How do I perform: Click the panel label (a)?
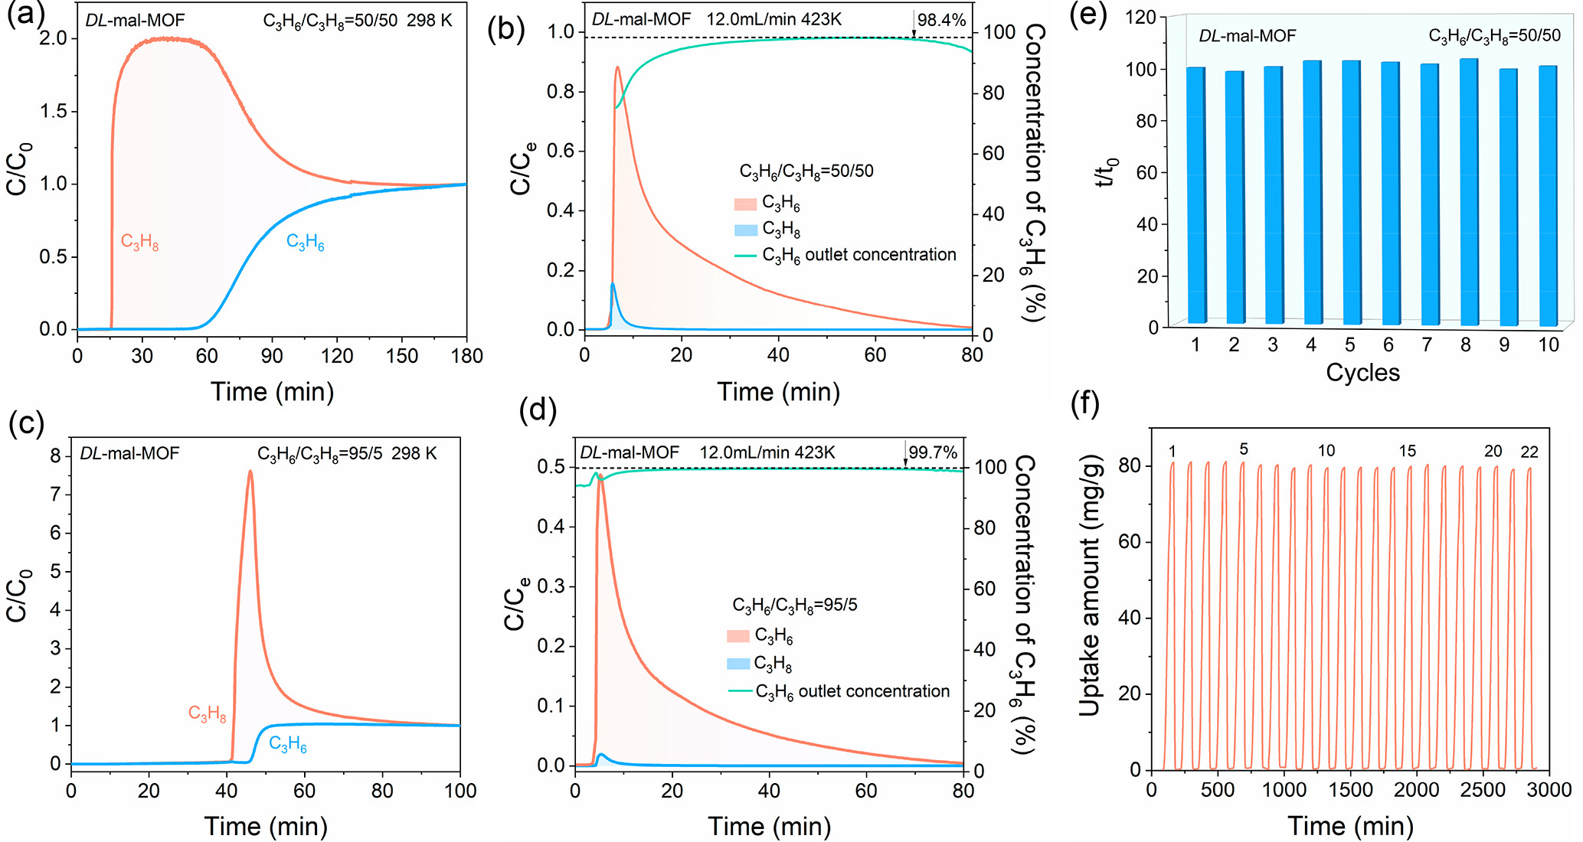click(x=25, y=15)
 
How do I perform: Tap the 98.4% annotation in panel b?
click(x=941, y=20)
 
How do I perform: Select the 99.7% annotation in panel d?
click(x=932, y=452)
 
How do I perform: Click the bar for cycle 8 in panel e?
click(x=1469, y=191)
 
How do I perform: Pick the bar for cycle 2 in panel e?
click(x=1234, y=197)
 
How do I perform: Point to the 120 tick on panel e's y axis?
click(x=1141, y=18)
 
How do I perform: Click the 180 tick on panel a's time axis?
click(x=467, y=356)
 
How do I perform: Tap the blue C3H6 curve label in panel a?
click(x=305, y=243)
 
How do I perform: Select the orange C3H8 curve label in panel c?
click(x=207, y=714)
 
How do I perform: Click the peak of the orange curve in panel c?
click(x=250, y=472)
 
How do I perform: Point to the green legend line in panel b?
click(x=745, y=256)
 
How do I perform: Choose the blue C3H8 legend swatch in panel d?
click(x=738, y=663)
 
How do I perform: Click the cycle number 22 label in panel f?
click(x=1529, y=452)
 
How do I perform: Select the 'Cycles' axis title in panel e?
click(x=1362, y=373)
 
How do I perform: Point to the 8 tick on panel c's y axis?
click(x=55, y=456)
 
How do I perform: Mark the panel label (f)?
click(x=1084, y=403)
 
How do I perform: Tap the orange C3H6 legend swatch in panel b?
click(x=745, y=204)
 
